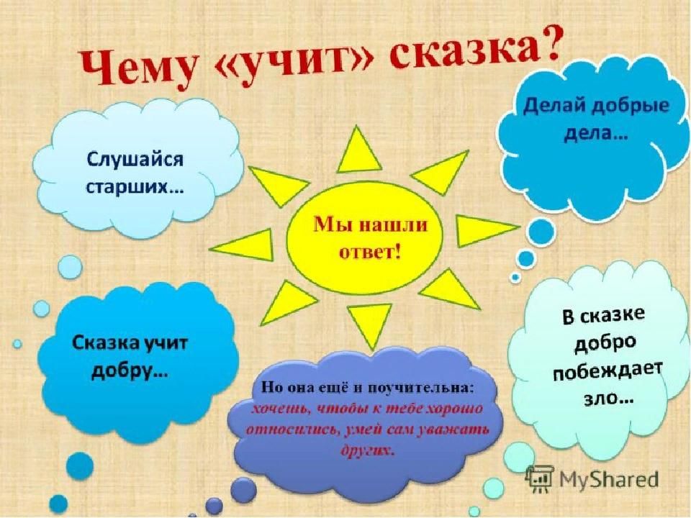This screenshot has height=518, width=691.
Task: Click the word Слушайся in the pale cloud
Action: (x=135, y=160)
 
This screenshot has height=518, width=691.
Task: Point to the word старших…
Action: (x=135, y=187)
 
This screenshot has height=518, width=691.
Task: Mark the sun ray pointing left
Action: (x=243, y=248)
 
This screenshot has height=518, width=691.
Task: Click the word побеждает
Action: (x=608, y=373)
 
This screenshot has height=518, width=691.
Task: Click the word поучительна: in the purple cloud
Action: (x=420, y=387)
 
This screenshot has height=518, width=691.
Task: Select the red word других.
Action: (x=366, y=450)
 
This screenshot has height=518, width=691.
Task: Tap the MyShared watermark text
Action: (x=609, y=479)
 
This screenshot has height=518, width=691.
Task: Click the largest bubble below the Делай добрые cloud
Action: (x=541, y=231)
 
